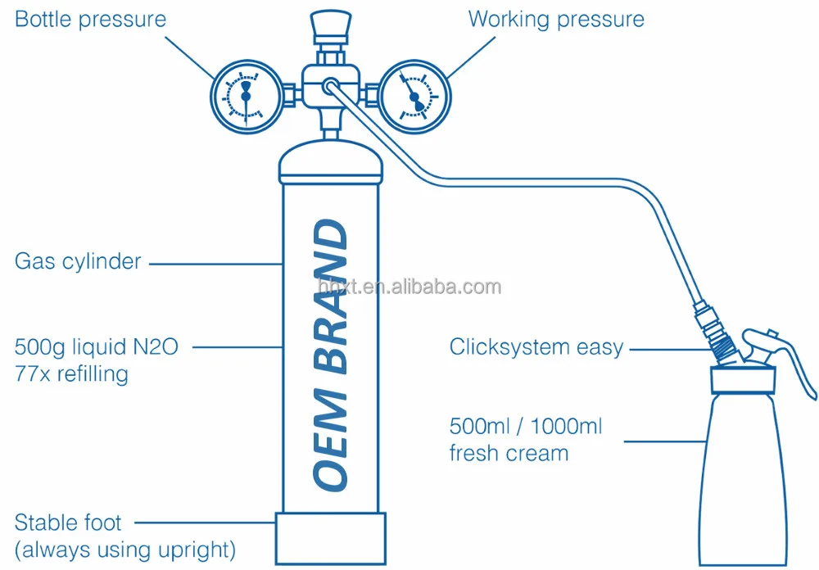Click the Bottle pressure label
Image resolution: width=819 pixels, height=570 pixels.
click(x=91, y=20)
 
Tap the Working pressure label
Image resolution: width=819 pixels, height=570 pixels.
click(x=556, y=20)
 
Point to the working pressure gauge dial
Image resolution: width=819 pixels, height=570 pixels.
click(x=415, y=97)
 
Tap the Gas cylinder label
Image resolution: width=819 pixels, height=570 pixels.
click(x=79, y=262)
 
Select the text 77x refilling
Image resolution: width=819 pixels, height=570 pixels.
click(x=72, y=374)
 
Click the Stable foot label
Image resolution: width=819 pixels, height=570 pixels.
click(x=69, y=522)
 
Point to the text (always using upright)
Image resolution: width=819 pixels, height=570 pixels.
click(x=125, y=548)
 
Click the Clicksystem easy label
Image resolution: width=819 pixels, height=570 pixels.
click(x=536, y=347)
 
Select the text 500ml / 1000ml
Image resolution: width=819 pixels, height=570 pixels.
click(x=526, y=426)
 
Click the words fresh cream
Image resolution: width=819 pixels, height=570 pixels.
click(x=509, y=453)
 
